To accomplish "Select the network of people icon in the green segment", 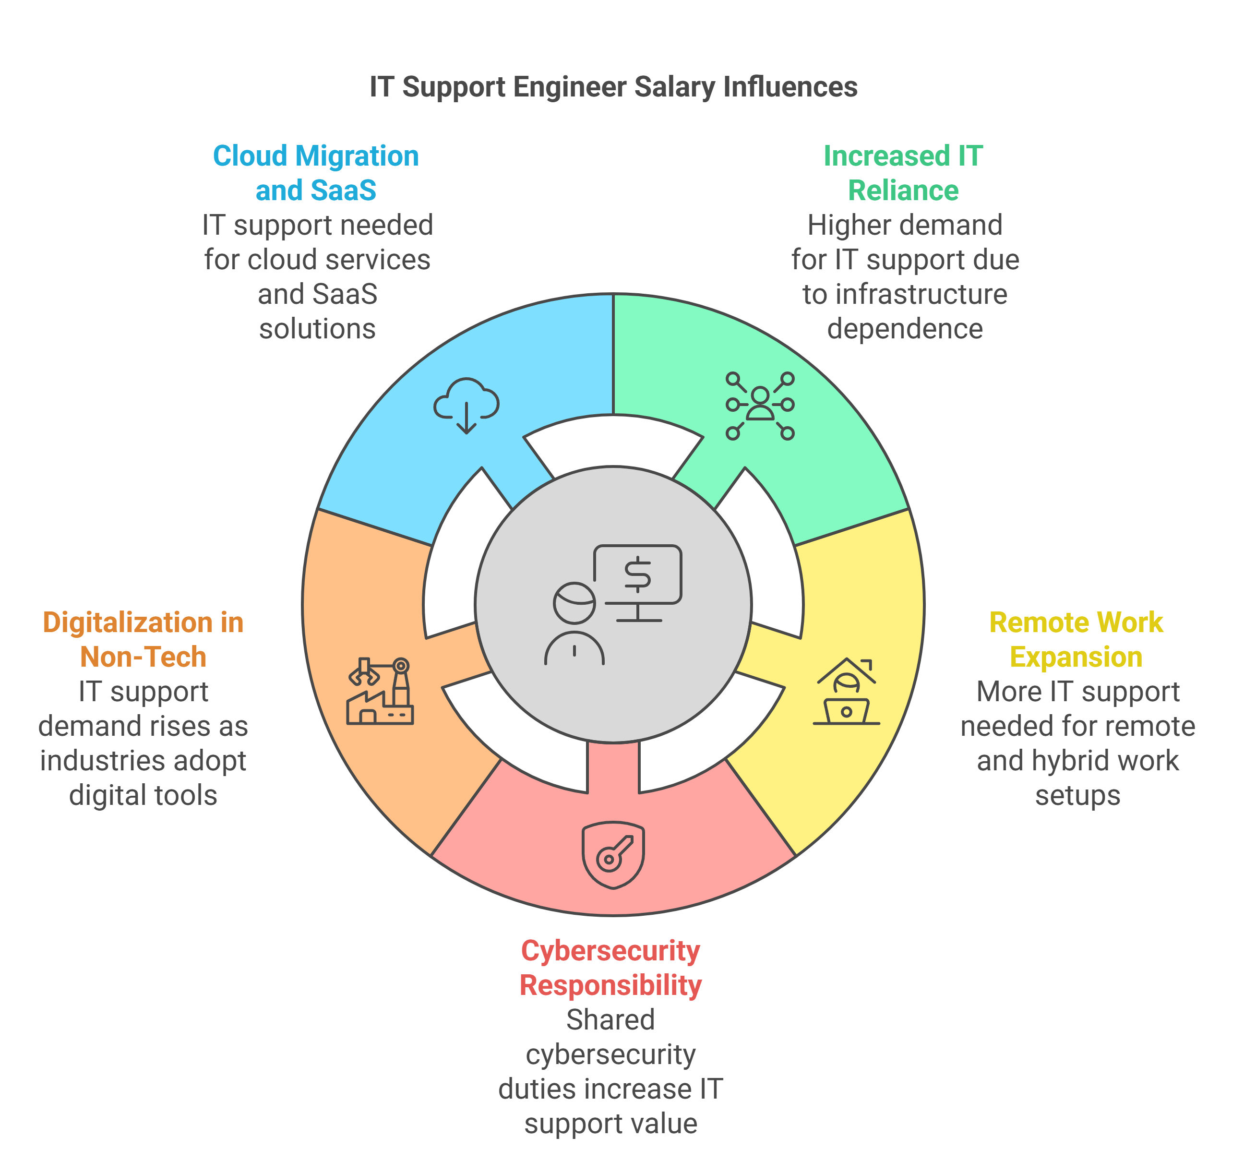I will [x=760, y=406].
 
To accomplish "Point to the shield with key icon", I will [x=613, y=855].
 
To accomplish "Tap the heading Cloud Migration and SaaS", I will [x=316, y=173].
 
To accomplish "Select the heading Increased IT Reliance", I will [x=903, y=173].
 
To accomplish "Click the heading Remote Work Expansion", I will [x=1076, y=639].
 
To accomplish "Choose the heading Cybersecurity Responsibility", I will [x=610, y=968].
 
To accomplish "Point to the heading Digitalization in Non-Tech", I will [x=143, y=639].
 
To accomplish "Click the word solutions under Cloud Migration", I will [x=317, y=329].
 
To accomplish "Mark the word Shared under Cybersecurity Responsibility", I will [x=610, y=1020].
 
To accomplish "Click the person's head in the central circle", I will [x=574, y=602].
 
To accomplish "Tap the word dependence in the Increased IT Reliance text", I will [x=905, y=329].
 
